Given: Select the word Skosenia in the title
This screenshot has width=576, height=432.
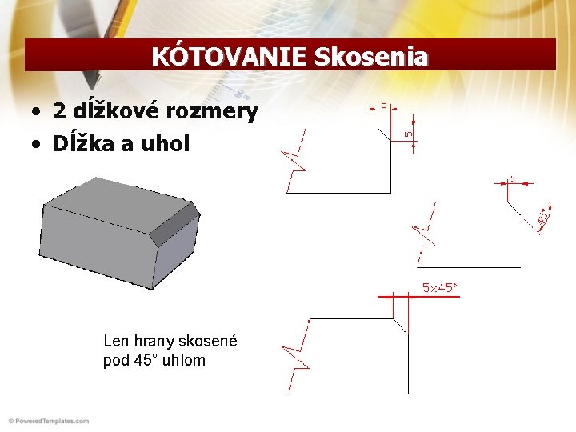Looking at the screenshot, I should point(371,57).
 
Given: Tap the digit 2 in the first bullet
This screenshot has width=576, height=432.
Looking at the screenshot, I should point(58,111).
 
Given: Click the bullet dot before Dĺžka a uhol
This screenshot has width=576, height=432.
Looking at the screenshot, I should point(37,145).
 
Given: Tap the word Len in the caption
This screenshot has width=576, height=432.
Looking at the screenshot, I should point(116,341).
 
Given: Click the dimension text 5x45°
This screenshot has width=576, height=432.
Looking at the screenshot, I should point(440,287).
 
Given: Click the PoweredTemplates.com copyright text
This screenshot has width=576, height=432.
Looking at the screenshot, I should point(48,421).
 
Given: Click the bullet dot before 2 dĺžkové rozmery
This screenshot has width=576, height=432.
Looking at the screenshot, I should point(37,112).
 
